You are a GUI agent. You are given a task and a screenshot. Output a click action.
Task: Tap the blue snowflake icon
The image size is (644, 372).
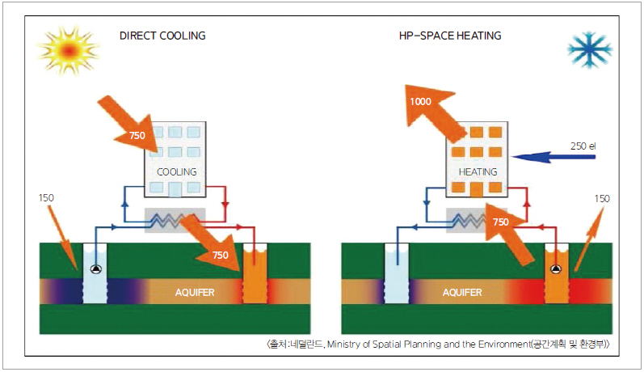point(589,50)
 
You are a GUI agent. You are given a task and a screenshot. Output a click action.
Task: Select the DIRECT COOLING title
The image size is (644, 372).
point(162,36)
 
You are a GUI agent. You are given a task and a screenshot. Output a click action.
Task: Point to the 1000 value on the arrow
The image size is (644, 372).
point(421,102)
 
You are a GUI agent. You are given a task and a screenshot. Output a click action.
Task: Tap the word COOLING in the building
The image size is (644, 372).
point(176,172)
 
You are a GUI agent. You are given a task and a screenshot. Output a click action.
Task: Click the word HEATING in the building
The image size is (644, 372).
point(478,172)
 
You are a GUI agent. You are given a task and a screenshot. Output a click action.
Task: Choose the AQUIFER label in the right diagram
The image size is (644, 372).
point(462,292)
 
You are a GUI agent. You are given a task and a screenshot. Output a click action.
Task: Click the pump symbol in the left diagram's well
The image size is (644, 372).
point(96,270)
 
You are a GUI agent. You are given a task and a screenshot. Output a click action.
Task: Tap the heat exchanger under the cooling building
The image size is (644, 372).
point(175,219)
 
